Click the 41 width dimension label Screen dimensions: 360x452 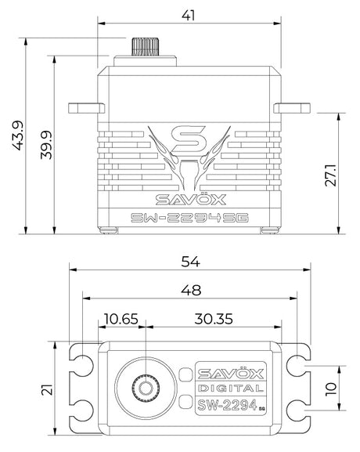[189, 16]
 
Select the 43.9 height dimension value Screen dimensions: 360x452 [19, 136]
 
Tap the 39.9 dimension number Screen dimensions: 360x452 [46, 145]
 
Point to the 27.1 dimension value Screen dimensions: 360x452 [330, 175]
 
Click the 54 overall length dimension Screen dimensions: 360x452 [190, 262]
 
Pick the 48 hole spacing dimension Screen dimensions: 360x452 [191, 291]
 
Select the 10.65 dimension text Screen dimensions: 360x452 [121, 319]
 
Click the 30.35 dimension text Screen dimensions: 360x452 [214, 319]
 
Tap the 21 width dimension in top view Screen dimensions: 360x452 [48, 389]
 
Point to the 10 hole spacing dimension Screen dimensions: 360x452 [331, 389]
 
